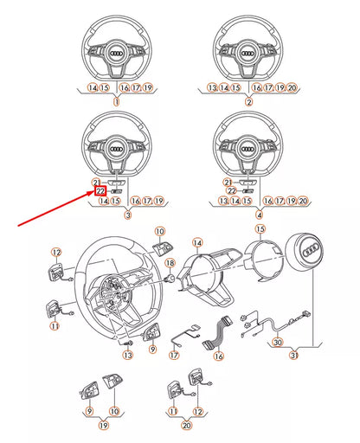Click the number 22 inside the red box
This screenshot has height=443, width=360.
click(100, 190)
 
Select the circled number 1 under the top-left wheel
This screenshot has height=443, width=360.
click(116, 101)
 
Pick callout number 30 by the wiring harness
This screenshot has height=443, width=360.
click(277, 342)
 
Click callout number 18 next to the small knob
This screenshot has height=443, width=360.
click(170, 262)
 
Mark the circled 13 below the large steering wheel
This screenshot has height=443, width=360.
click(127, 355)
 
